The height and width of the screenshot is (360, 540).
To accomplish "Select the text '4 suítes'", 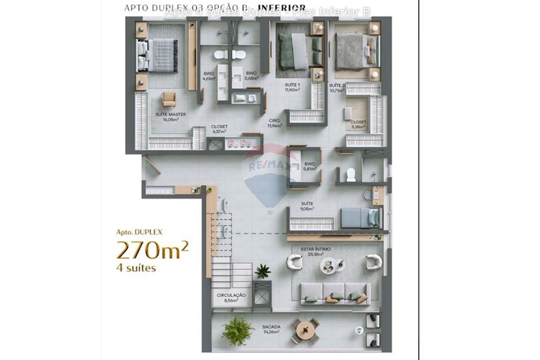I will pos(137,268).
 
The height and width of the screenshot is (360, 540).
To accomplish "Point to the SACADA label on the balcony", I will pos(271,329).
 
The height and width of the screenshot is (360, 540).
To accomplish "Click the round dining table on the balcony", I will pos(305,328).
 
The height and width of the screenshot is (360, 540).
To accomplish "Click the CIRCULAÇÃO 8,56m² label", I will pos(231,298).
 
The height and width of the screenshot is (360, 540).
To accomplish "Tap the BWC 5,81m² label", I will pos(309,166).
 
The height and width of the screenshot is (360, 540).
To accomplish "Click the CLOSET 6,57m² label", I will pos(220,129).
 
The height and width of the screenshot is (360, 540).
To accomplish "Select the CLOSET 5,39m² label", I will pos(358,125).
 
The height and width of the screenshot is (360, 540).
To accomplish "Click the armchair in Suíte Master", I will pos(169,99).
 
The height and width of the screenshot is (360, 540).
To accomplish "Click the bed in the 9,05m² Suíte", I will pos(360,218).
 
